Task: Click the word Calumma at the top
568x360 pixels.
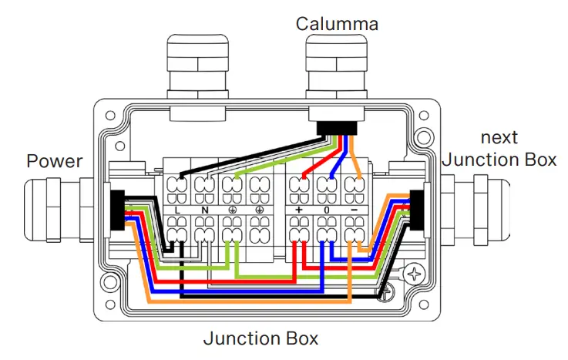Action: pos(337,24)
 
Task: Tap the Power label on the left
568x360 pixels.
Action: pos(54,161)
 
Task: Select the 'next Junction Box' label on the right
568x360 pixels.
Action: pos(499,149)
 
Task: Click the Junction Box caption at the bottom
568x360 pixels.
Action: pos(260,338)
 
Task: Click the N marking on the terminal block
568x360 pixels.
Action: pos(205,210)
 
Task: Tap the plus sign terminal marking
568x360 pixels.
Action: pos(298,210)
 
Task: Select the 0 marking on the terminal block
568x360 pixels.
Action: pos(326,210)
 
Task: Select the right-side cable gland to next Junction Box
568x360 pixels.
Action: pos(470,208)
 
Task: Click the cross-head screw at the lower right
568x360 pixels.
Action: pos(417,274)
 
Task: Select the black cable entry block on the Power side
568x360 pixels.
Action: pos(116,209)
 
